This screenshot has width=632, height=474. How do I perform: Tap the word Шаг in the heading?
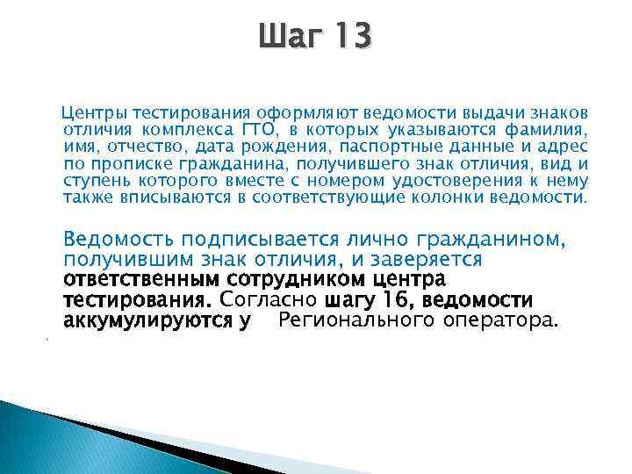[x=287, y=37]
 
